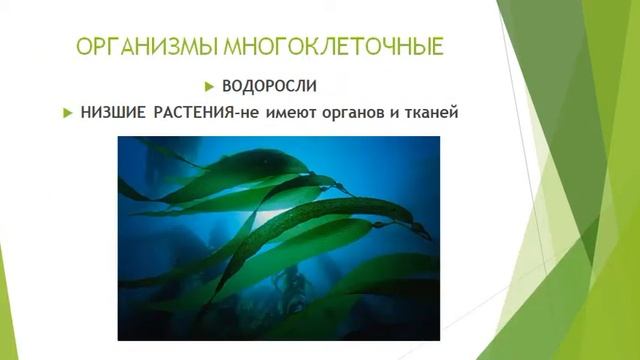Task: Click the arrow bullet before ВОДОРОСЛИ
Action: pyautogui.click(x=210, y=86)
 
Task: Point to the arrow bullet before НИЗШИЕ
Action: pyautogui.click(x=68, y=113)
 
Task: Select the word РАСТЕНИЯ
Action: pyautogui.click(x=192, y=113)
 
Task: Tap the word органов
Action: pyautogui.click(x=354, y=113)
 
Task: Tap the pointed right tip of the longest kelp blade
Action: pyautogui.click(x=430, y=236)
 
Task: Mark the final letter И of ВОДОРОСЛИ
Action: pyautogui.click(x=325, y=86)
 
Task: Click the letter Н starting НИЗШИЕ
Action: pyautogui.click(x=86, y=113)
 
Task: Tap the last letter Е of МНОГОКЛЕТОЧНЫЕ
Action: pyautogui.click(x=440, y=48)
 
